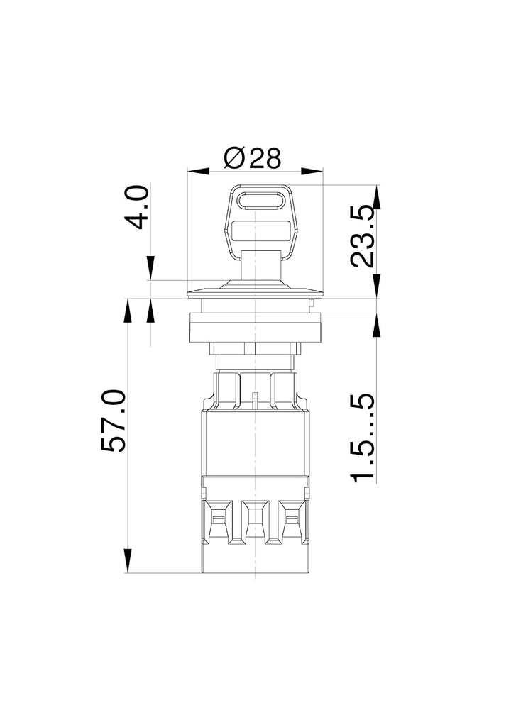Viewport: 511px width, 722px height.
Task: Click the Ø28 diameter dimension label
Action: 252,158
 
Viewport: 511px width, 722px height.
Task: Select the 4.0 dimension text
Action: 138,207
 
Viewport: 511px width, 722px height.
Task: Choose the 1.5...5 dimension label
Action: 363,438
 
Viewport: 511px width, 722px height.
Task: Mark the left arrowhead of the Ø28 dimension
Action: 198,172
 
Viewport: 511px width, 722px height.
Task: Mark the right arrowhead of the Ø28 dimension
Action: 312,172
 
